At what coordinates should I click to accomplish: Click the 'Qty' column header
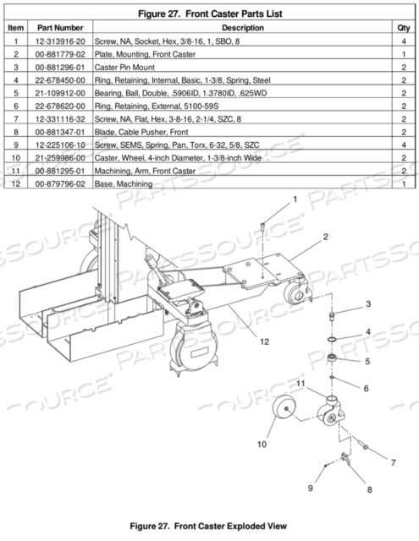[x=404, y=28]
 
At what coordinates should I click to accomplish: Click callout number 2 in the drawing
[x=324, y=239]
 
